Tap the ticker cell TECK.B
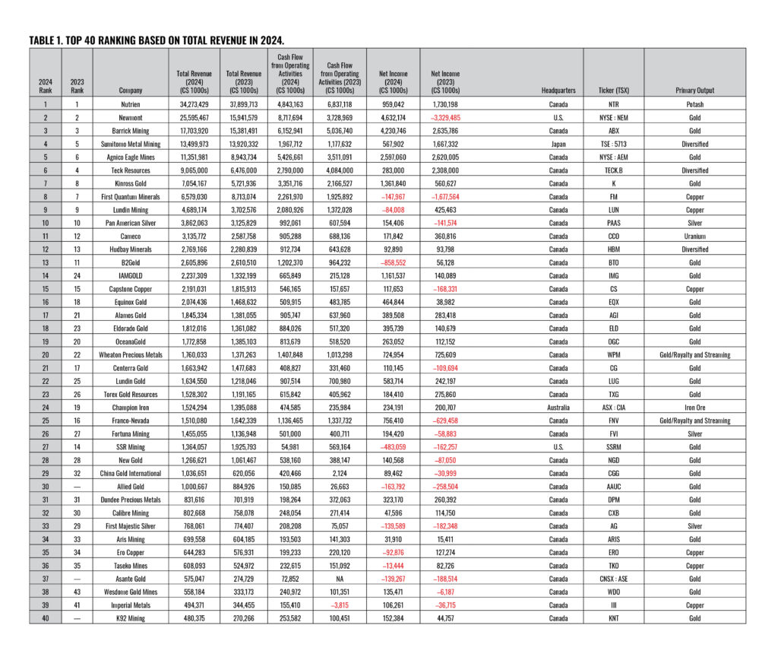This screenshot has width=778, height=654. (614, 170)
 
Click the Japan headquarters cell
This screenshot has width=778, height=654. (558, 144)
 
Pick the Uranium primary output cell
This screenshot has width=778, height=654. (694, 237)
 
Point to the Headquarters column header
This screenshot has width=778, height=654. (558, 90)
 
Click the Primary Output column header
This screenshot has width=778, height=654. (694, 90)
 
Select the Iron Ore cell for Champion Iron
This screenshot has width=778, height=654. (694, 408)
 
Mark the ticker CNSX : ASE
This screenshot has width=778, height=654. (614, 579)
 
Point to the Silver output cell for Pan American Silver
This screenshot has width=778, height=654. (694, 223)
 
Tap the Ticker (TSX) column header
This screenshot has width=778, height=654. (614, 90)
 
